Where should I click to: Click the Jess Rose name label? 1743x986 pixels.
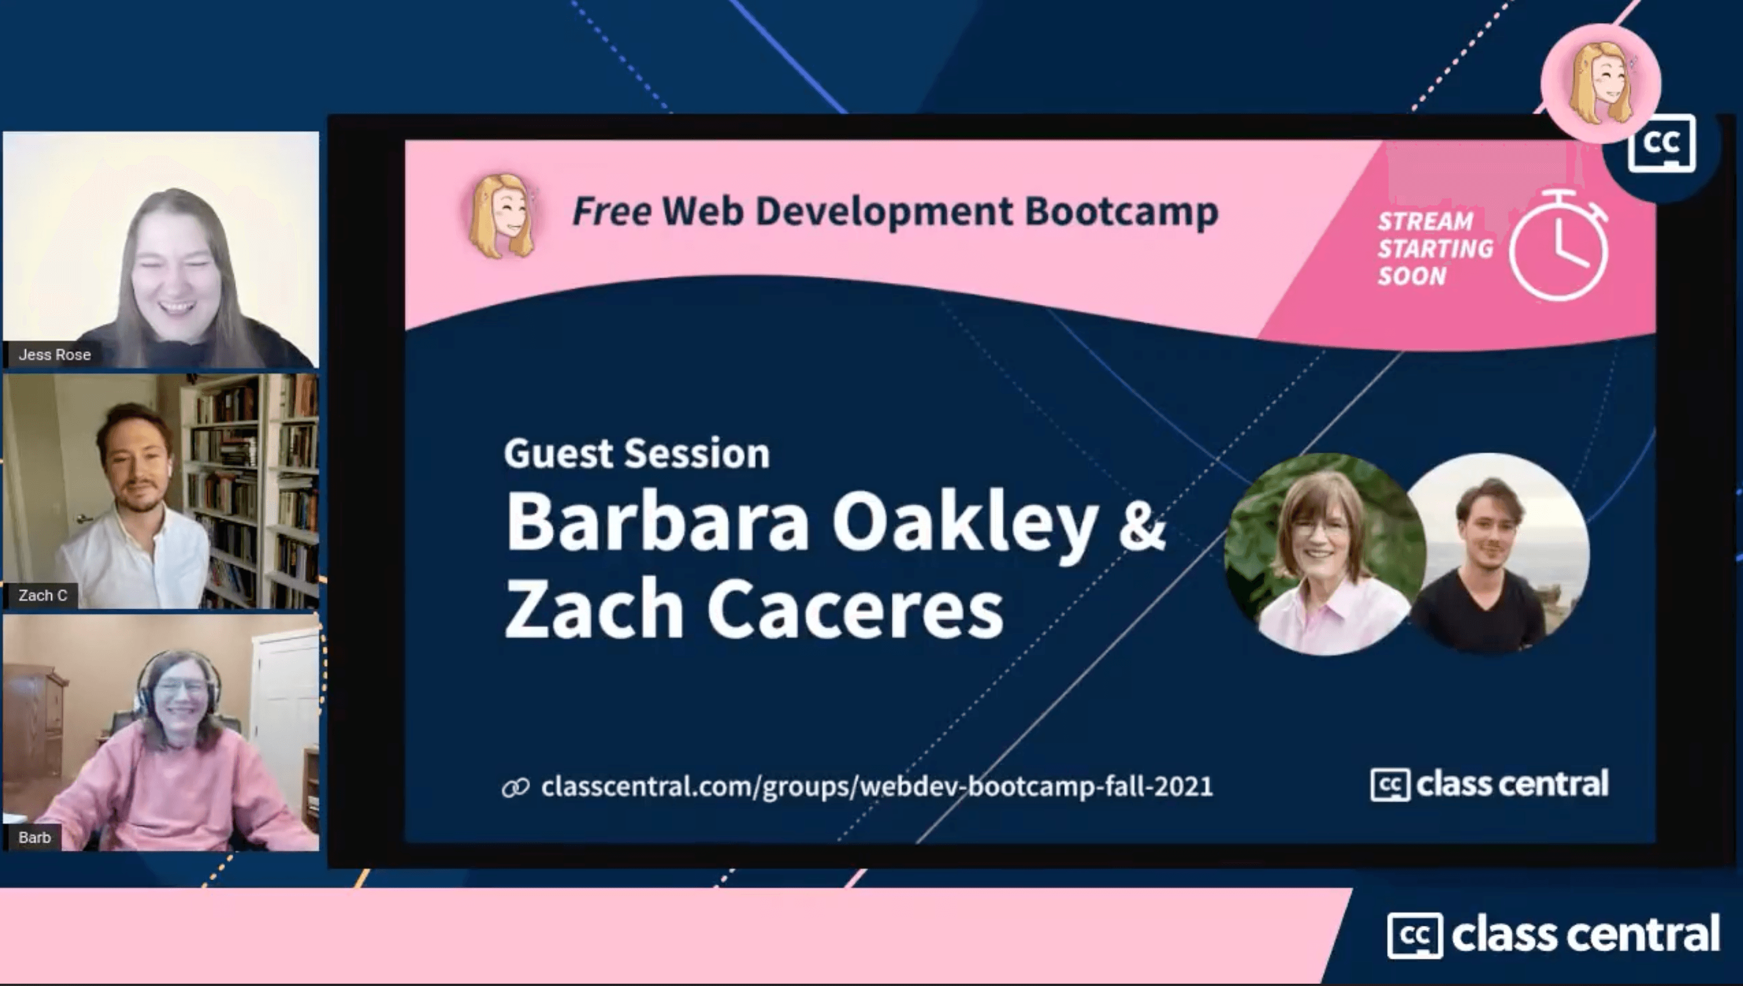coord(54,355)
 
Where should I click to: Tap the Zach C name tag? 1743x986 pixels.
coord(43,596)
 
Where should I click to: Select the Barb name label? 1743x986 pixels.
coord(35,838)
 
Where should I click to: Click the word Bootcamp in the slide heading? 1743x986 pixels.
coord(1121,211)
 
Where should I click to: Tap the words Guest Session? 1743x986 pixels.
coord(637,454)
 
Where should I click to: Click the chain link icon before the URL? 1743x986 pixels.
coord(515,788)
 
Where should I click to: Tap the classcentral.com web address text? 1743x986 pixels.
coord(877,787)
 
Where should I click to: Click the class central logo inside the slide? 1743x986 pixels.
coord(1489,785)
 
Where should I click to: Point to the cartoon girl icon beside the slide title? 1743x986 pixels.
coord(502,215)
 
